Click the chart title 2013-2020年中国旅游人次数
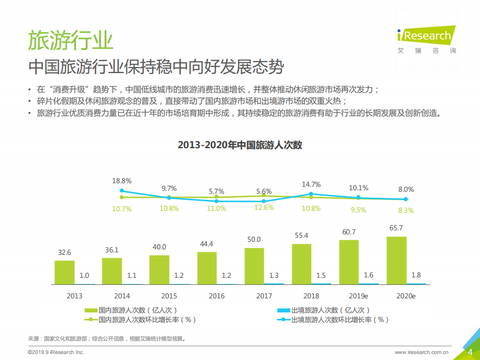[240, 145]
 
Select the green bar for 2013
[65, 272]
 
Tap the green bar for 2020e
[396, 260]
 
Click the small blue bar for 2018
[321, 283]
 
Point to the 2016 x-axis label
[216, 296]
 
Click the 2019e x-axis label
[358, 296]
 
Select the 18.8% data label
[122, 181]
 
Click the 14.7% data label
[311, 184]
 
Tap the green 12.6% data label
[264, 208]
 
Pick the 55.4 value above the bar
[301, 235]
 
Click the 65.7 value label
[396, 227]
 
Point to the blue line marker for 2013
[122, 191]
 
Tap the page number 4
[470, 352]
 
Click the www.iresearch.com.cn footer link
[421, 352]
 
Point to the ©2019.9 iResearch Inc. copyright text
[56, 352]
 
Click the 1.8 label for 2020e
[416, 275]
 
